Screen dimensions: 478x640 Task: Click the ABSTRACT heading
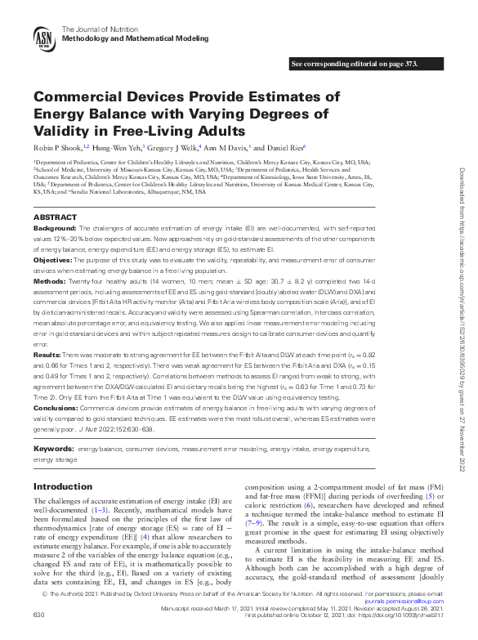56,217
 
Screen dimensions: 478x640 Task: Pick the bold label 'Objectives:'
54,258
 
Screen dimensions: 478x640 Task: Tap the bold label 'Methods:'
51,280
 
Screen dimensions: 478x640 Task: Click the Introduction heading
63,486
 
